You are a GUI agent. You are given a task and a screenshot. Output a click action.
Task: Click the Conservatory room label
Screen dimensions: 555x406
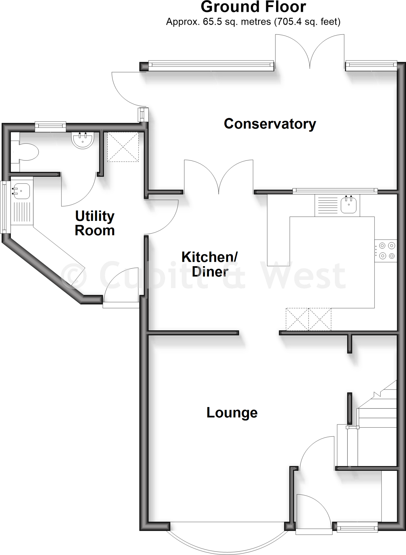[x=270, y=124]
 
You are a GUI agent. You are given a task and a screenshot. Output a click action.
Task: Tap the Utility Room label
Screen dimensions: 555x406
[x=95, y=223]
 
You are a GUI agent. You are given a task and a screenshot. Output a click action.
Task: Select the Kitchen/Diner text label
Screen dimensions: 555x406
[x=210, y=264]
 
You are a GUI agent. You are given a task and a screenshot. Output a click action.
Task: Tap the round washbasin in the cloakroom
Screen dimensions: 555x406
[x=83, y=140]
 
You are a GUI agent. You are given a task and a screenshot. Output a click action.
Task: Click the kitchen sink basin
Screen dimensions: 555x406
[x=349, y=205]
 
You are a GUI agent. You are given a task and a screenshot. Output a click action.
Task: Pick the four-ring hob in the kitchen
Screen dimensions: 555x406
[x=386, y=251]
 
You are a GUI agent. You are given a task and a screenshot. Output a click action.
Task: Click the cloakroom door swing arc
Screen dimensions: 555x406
[x=79, y=190]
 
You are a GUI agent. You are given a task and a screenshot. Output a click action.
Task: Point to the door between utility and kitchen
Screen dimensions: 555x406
[x=161, y=217]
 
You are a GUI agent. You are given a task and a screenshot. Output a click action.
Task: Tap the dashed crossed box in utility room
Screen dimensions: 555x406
[x=123, y=147]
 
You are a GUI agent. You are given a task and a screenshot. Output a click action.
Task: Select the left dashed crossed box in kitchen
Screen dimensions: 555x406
[x=297, y=319]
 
